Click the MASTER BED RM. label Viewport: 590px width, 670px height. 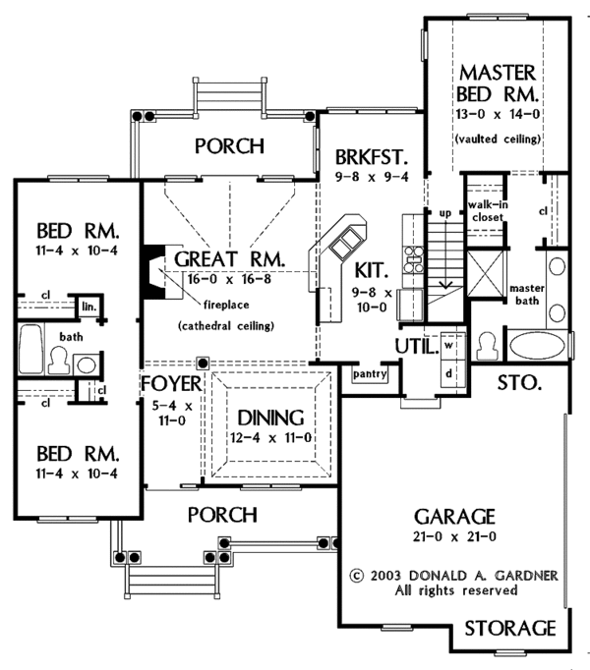(x=498, y=84)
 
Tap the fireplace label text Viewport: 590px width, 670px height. (x=226, y=305)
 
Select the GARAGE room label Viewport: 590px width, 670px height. (x=454, y=517)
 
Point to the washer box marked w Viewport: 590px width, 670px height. (x=448, y=345)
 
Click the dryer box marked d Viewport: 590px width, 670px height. (x=448, y=373)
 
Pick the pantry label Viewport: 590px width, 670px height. (x=370, y=374)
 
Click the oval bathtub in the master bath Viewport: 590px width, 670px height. (x=537, y=346)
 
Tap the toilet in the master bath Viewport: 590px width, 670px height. (x=488, y=346)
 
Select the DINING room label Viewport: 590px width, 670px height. (x=270, y=418)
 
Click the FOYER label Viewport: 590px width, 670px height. (x=171, y=384)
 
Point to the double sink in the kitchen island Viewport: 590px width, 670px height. (x=344, y=244)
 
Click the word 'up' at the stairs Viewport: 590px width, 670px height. (x=445, y=212)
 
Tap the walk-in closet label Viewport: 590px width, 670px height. (x=488, y=210)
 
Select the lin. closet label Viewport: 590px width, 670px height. (x=89, y=307)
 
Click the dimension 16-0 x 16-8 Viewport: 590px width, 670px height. (x=229, y=279)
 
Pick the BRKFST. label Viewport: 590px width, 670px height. (x=372, y=157)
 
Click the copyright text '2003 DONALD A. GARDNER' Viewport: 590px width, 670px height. (x=464, y=575)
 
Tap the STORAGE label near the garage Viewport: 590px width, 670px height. (x=510, y=629)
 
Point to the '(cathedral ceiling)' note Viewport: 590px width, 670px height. (x=226, y=326)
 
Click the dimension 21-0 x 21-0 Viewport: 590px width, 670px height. (x=454, y=536)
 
